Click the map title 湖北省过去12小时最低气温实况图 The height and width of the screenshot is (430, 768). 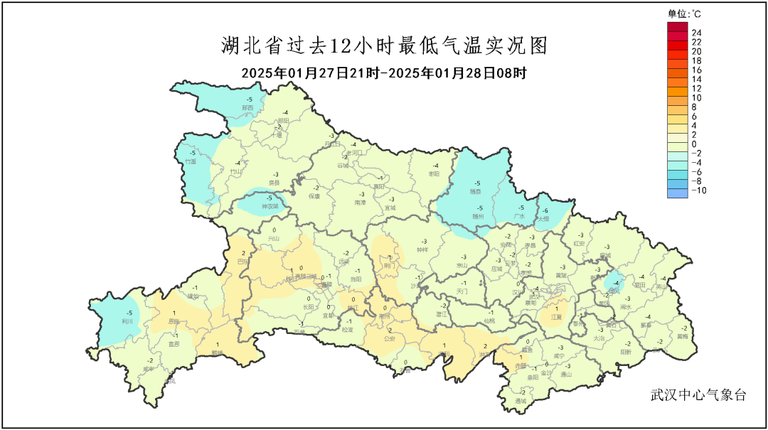tap(384, 47)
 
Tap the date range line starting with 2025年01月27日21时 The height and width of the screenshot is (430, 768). tap(384, 72)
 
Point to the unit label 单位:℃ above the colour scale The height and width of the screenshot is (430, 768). tap(684, 13)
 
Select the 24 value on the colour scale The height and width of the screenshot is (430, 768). tap(697, 33)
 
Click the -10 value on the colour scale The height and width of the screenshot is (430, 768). tap(698, 190)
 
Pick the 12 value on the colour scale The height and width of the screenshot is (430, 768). tap(697, 88)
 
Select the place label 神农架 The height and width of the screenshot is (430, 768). tap(269, 206)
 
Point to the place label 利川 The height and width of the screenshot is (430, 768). tap(128, 321)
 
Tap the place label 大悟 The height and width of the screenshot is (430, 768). tap(543, 219)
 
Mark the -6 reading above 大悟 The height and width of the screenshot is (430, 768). tap(545, 211)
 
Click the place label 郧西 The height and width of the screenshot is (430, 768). tap(247, 107)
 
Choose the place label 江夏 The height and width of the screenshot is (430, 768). tap(557, 317)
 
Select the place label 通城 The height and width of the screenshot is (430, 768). tap(521, 401)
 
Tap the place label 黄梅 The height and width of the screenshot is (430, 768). tap(683, 336)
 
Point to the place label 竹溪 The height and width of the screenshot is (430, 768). tap(191, 161)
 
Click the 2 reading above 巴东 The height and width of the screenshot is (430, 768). tap(244, 253)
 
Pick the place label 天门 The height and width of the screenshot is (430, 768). tap(462, 291)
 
